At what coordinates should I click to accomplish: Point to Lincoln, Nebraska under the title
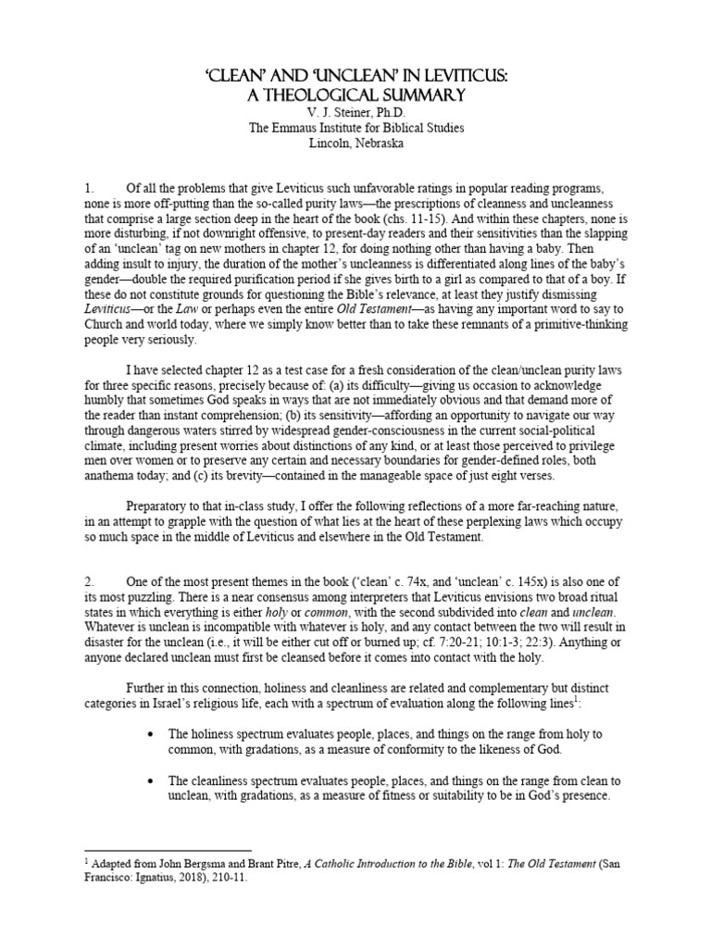(x=355, y=143)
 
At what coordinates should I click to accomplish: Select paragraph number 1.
(x=90, y=189)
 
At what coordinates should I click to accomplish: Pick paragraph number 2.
(x=90, y=580)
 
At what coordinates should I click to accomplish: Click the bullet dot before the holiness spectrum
(x=151, y=734)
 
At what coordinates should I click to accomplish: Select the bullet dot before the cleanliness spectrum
(x=151, y=782)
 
